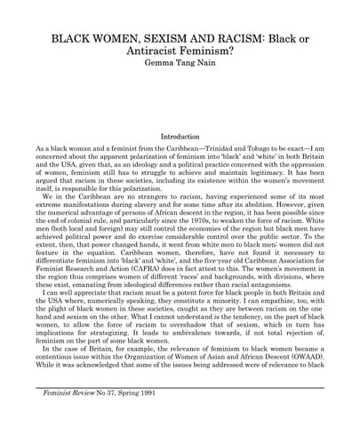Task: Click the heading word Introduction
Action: point(180,137)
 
